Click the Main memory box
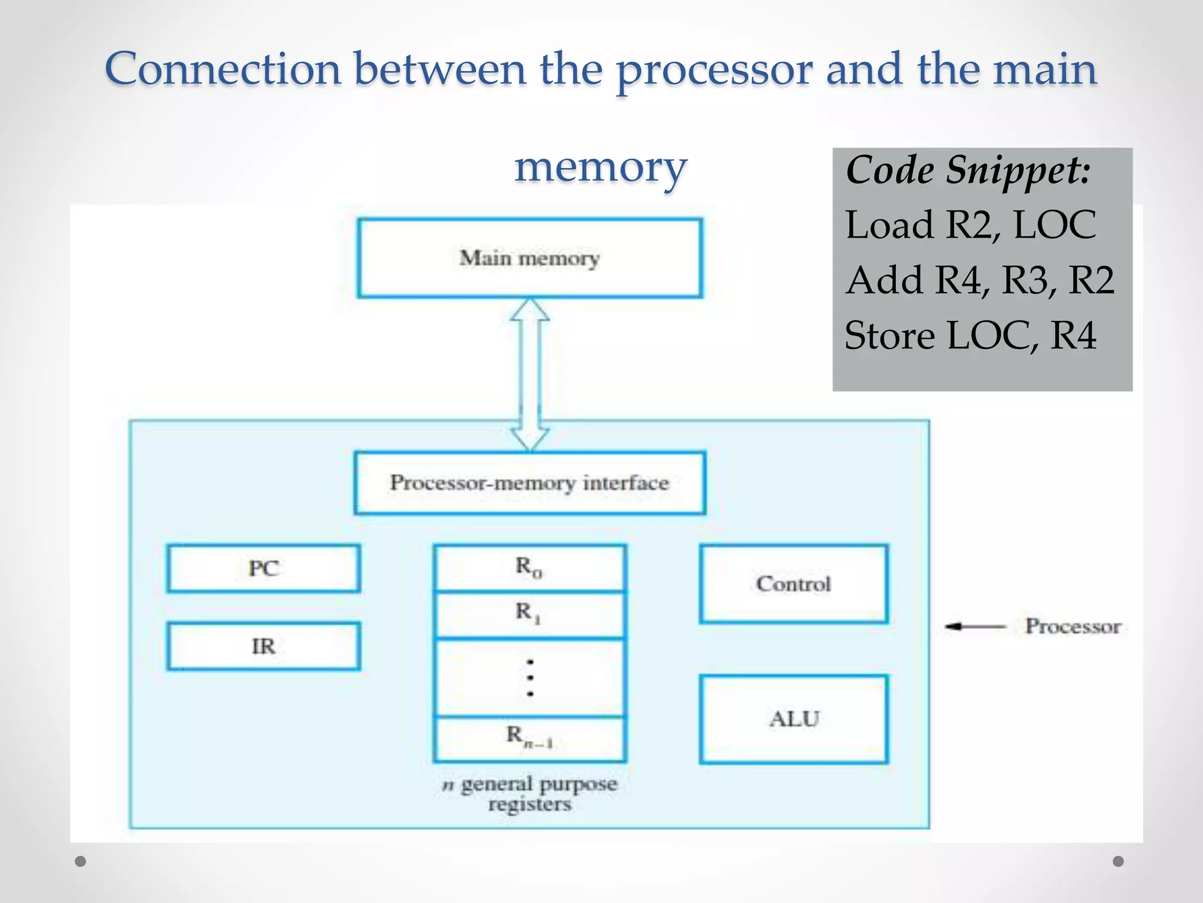(x=529, y=258)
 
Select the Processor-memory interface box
(x=529, y=483)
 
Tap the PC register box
(x=263, y=568)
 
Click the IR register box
(x=263, y=646)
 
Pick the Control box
(x=793, y=584)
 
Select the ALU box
(x=793, y=719)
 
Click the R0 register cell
(x=529, y=567)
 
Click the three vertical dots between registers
(x=530, y=678)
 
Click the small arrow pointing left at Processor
(x=975, y=627)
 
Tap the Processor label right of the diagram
(x=1073, y=627)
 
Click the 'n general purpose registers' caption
(x=530, y=794)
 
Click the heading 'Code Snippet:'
(x=968, y=170)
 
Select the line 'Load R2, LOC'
(x=970, y=225)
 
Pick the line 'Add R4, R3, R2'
(x=980, y=280)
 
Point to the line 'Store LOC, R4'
(x=970, y=336)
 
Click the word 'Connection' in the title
(x=223, y=69)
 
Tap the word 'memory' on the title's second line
(x=600, y=167)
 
